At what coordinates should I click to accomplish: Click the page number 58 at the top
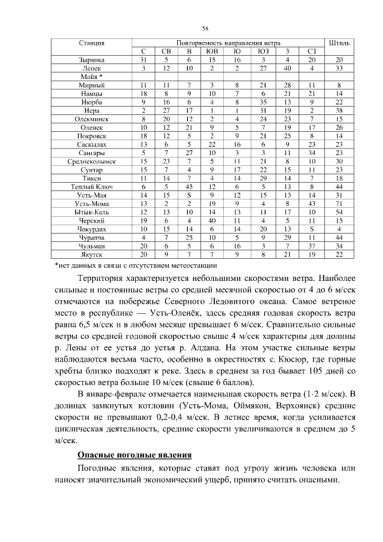pyautogui.click(x=205, y=28)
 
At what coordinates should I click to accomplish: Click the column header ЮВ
pyautogui.click(x=212, y=52)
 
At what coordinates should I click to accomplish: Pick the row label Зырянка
pyautogui.click(x=92, y=60)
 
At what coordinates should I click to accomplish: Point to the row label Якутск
pyautogui.click(x=92, y=254)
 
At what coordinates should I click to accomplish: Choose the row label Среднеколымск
pyautogui.click(x=92, y=161)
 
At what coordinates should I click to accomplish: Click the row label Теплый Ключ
pyautogui.click(x=92, y=187)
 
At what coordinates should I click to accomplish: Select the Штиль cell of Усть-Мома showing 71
pyautogui.click(x=339, y=204)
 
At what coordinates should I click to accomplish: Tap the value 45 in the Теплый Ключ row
pyautogui.click(x=189, y=187)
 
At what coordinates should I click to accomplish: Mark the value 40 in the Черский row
pyautogui.click(x=212, y=220)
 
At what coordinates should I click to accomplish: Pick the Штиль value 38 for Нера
pyautogui.click(x=339, y=111)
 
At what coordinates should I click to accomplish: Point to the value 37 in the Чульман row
pyautogui.click(x=311, y=246)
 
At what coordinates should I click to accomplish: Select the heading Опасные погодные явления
pyautogui.click(x=135, y=455)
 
